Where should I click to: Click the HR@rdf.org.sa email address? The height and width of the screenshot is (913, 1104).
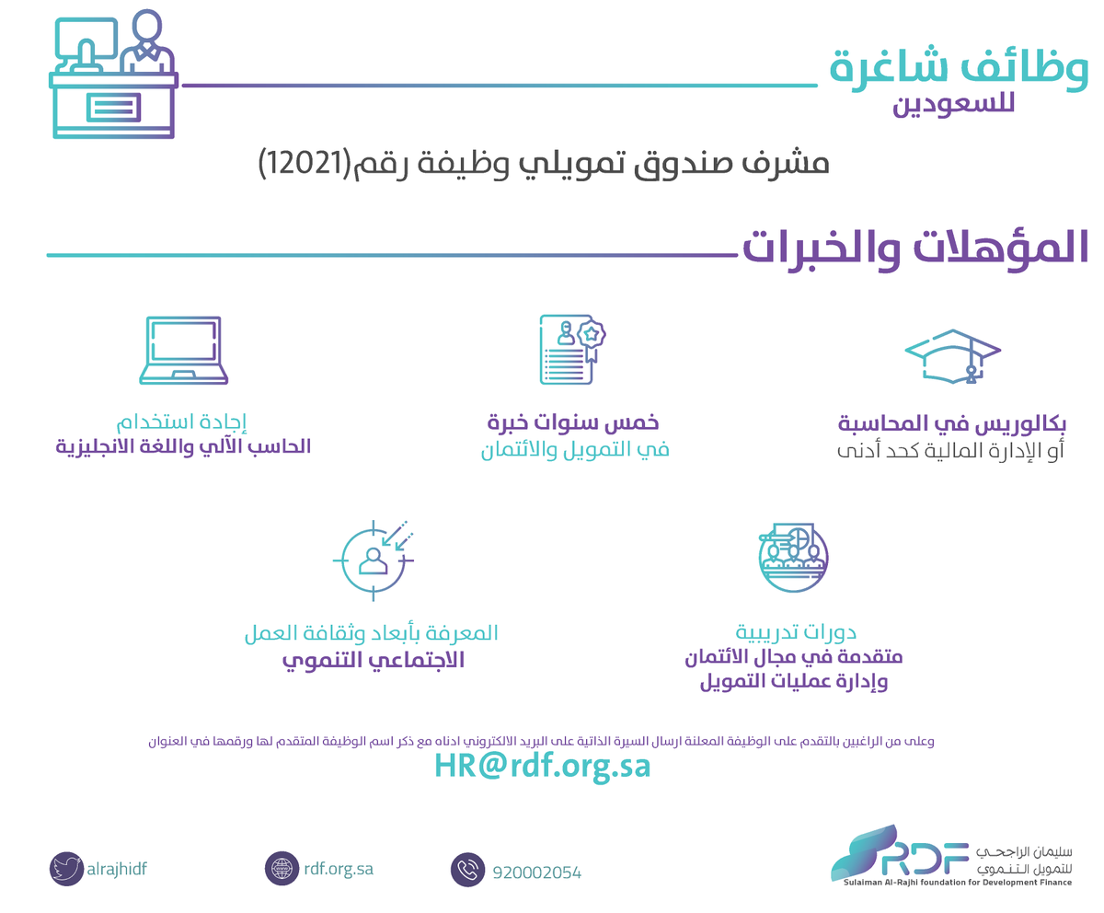tap(542, 766)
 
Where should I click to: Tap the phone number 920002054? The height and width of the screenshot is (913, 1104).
tap(536, 873)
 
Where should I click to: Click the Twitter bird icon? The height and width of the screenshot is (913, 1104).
tap(66, 869)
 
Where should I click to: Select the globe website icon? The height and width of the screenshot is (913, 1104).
tap(282, 868)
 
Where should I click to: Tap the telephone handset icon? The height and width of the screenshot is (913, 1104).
tap(467, 869)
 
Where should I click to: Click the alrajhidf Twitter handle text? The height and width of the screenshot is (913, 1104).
tap(117, 869)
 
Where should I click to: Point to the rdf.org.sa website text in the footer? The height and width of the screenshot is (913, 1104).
tap(339, 869)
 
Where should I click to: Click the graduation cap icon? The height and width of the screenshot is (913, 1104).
tap(953, 356)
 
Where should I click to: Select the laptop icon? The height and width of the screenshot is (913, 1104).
tap(183, 350)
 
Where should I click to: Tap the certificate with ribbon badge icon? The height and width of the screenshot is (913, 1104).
tap(572, 349)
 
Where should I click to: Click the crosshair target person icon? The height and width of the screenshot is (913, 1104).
tap(374, 561)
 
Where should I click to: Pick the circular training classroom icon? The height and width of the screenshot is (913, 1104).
tap(793, 557)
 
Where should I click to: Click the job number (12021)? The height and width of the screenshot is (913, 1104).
tap(305, 163)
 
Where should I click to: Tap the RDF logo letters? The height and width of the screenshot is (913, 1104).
tap(926, 859)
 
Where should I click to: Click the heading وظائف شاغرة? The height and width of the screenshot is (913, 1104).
tap(959, 69)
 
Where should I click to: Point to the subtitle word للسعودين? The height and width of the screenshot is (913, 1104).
tap(954, 104)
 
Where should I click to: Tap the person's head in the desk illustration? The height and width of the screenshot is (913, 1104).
tap(146, 28)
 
